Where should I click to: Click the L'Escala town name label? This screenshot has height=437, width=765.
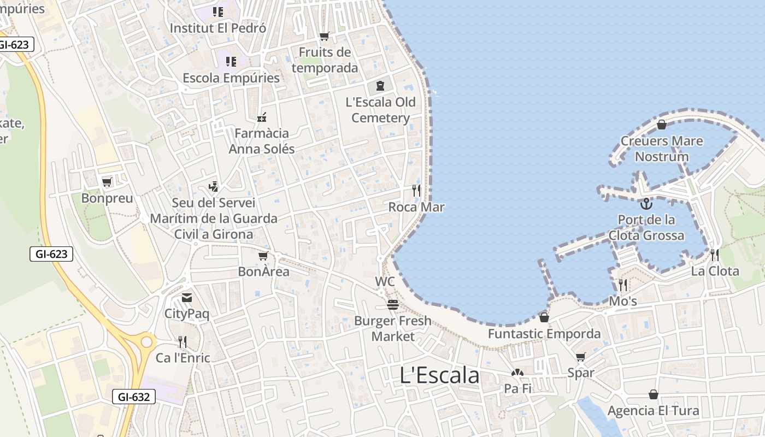pos(440,375)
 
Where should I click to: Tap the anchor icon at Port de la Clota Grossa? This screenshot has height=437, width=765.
pos(646,204)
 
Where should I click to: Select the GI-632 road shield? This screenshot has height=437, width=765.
pos(134,397)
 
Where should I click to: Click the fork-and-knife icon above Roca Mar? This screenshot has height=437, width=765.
pos(416,190)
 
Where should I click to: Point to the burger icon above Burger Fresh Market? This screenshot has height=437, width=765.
pos(392,304)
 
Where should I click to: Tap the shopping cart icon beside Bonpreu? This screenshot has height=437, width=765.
pos(107,182)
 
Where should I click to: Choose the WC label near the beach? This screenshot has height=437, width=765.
pos(385,282)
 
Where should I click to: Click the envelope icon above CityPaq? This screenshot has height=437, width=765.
pos(187,298)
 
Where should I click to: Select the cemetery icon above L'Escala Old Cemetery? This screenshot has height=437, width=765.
pos(380,85)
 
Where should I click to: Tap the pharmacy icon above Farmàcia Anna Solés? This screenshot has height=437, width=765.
pos(262,117)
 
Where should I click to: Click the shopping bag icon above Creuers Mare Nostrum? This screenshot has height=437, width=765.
pos(662,125)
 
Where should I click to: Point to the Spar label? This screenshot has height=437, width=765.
pos(580,373)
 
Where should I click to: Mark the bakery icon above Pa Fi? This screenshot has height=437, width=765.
pos(517,373)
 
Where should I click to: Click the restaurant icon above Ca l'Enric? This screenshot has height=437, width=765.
pos(183,342)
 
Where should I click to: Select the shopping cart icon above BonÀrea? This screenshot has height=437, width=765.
pos(263,256)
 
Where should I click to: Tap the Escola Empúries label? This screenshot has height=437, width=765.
pos(231,78)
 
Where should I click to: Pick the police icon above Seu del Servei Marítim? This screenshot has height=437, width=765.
pos(214,186)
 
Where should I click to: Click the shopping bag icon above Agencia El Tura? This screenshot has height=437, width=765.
pos(653,394)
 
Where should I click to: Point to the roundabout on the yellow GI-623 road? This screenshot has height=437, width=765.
pos(146,342)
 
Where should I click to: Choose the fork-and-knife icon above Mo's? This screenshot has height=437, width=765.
pos(622,285)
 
